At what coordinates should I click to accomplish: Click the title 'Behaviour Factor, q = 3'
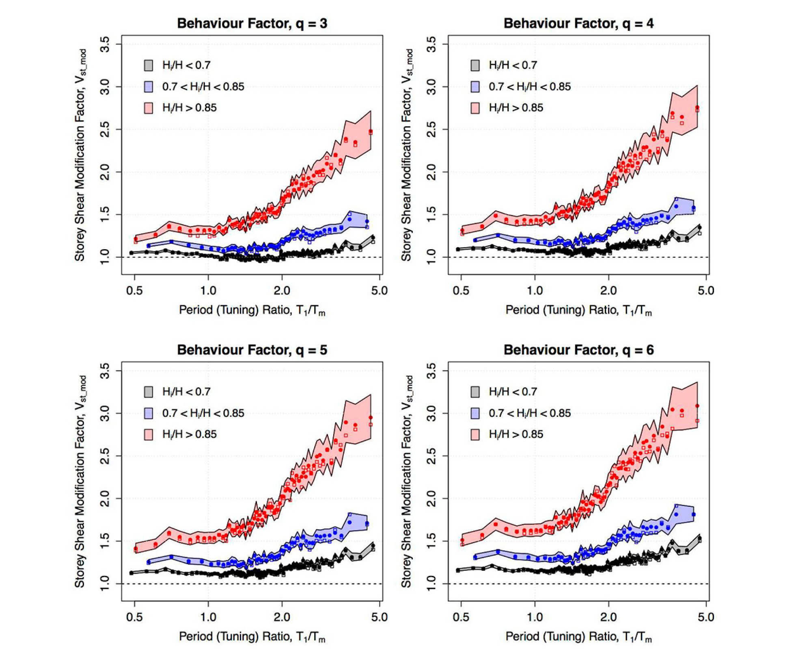(252, 24)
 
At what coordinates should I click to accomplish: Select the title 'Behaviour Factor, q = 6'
(578, 350)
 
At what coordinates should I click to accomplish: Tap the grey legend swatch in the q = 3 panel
(149, 65)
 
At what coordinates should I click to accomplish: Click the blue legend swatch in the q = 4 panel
(475, 86)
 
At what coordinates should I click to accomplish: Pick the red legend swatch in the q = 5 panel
(149, 434)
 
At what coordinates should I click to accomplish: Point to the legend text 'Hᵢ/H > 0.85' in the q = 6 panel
(516, 434)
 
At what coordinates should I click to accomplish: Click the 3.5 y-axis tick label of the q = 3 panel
(105, 44)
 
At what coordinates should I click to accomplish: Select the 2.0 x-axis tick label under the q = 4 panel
(608, 291)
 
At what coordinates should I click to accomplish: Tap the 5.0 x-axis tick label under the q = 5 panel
(379, 617)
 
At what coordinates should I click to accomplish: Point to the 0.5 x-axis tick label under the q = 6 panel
(461, 617)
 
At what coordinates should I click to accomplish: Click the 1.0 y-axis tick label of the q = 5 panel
(105, 583)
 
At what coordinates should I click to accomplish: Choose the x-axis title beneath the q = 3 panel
(252, 310)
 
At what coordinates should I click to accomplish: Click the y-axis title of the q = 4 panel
(407, 155)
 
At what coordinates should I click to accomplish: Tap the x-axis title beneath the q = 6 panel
(578, 637)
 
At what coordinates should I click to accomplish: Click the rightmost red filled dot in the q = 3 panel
(371, 132)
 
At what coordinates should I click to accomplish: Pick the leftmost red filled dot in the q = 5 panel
(136, 549)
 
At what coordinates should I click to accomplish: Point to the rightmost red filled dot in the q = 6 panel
(697, 406)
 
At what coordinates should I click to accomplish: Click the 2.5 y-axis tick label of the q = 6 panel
(431, 456)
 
